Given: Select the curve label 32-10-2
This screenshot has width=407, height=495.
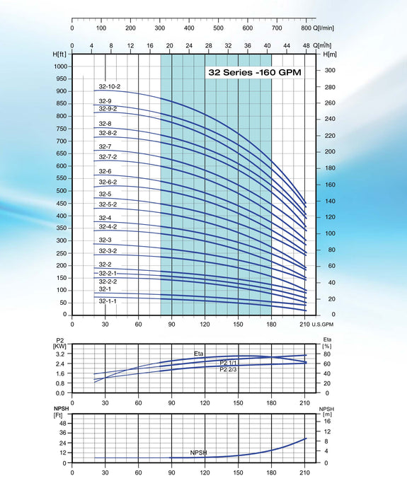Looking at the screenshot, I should [x=109, y=86].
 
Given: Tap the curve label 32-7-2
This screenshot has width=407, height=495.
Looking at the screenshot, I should [x=108, y=156].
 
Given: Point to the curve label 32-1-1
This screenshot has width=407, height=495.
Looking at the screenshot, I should [x=108, y=301].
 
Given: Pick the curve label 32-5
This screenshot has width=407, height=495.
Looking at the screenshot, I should [x=105, y=194].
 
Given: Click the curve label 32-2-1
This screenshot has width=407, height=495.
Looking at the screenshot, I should [x=108, y=273].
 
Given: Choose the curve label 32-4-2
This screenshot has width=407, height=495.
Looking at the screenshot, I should [x=108, y=227].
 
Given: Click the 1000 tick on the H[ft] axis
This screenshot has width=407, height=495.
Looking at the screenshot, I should [x=59, y=66].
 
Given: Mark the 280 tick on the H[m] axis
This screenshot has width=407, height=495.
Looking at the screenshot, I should [x=329, y=86].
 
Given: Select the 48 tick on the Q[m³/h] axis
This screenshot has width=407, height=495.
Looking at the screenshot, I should [x=306, y=45].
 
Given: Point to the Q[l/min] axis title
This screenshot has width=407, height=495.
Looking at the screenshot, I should [x=323, y=28].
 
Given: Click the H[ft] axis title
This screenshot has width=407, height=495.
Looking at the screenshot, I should [x=59, y=54].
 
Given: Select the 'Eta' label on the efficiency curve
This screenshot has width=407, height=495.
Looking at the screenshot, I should [x=199, y=353].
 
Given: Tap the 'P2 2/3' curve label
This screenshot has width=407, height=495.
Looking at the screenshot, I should [x=229, y=369].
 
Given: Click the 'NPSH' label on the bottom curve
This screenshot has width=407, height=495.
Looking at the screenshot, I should [x=198, y=453].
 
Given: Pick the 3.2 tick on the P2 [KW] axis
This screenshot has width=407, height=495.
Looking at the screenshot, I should [x=60, y=354].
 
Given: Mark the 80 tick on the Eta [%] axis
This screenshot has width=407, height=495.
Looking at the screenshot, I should [x=327, y=354].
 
